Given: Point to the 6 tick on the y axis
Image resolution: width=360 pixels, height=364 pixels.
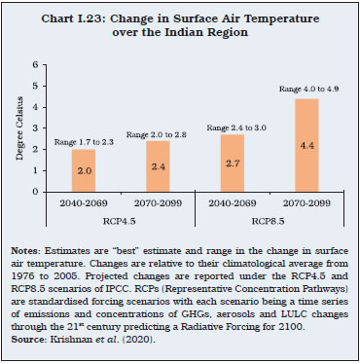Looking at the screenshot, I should point(37,64).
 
